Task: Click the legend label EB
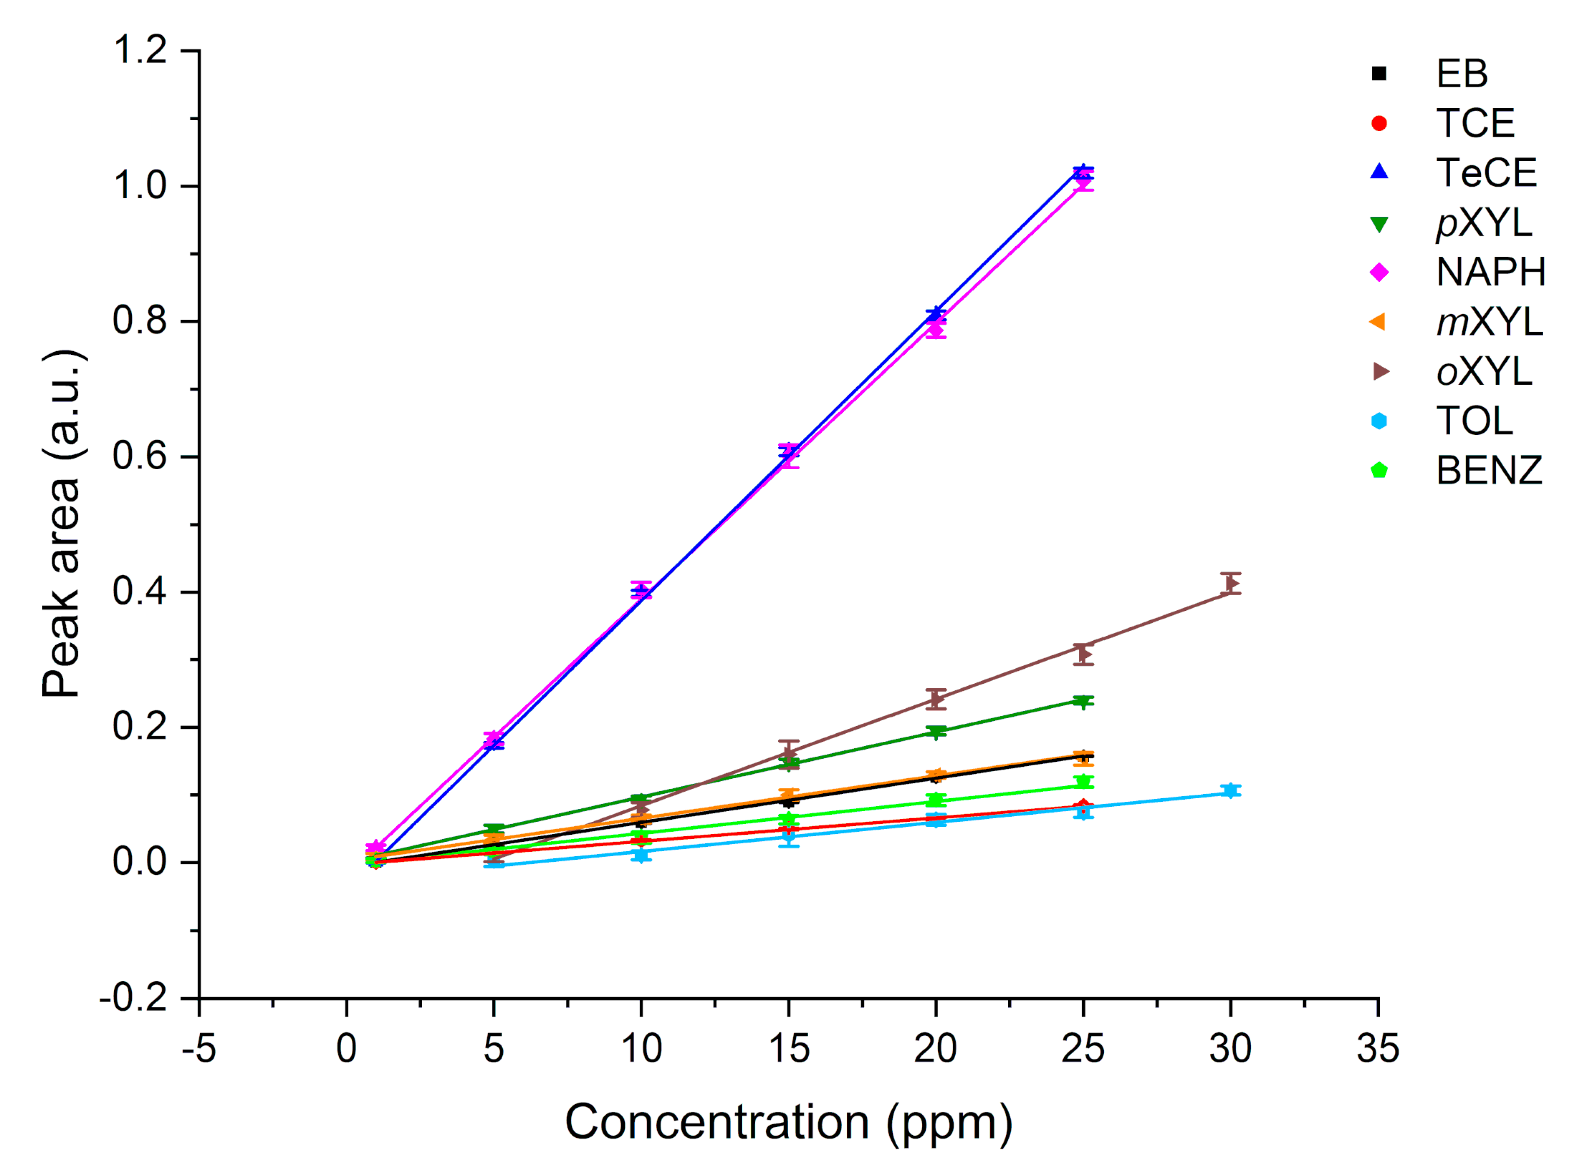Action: pyautogui.click(x=1461, y=73)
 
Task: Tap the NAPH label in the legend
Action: pyautogui.click(x=1490, y=272)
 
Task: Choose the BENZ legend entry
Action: pyautogui.click(x=1489, y=470)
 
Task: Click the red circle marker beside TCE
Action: pyautogui.click(x=1379, y=123)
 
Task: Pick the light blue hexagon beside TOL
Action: pyautogui.click(x=1379, y=421)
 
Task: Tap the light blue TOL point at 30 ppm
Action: pyautogui.click(x=1230, y=790)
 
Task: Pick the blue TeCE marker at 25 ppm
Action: pyautogui.click(x=1082, y=171)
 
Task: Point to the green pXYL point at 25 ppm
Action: pyautogui.click(x=1082, y=702)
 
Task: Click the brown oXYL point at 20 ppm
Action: pyautogui.click(x=936, y=699)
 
